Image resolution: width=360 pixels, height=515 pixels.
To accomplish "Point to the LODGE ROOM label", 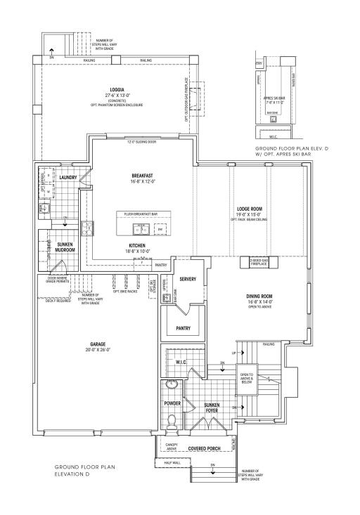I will [250, 209].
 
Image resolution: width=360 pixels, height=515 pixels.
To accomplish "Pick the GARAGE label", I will [98, 344].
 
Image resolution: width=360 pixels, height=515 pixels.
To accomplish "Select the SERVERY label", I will [188, 280].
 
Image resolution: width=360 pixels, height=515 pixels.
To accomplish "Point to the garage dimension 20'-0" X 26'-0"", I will [98, 350].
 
